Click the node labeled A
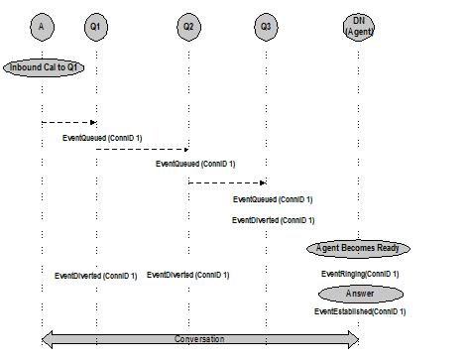pos(42,25)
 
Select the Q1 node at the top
pos(95,25)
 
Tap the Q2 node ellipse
pos(188,25)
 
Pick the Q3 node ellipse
pos(265,25)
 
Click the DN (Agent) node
pos(359,25)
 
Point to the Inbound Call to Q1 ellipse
pos(43,67)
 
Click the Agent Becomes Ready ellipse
pos(358,248)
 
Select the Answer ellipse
pos(361,294)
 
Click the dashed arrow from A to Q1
pos(68,122)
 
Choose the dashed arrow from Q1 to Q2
pos(142,149)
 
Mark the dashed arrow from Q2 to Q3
pos(227,182)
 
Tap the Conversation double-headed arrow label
pos(199,339)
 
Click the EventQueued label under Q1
pos(102,137)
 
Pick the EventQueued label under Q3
pos(273,199)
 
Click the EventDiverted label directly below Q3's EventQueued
pos(273,220)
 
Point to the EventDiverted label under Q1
pos(95,276)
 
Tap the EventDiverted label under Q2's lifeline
pos(187,275)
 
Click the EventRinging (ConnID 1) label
pos(359,274)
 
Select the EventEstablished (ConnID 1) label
pos(360,311)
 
